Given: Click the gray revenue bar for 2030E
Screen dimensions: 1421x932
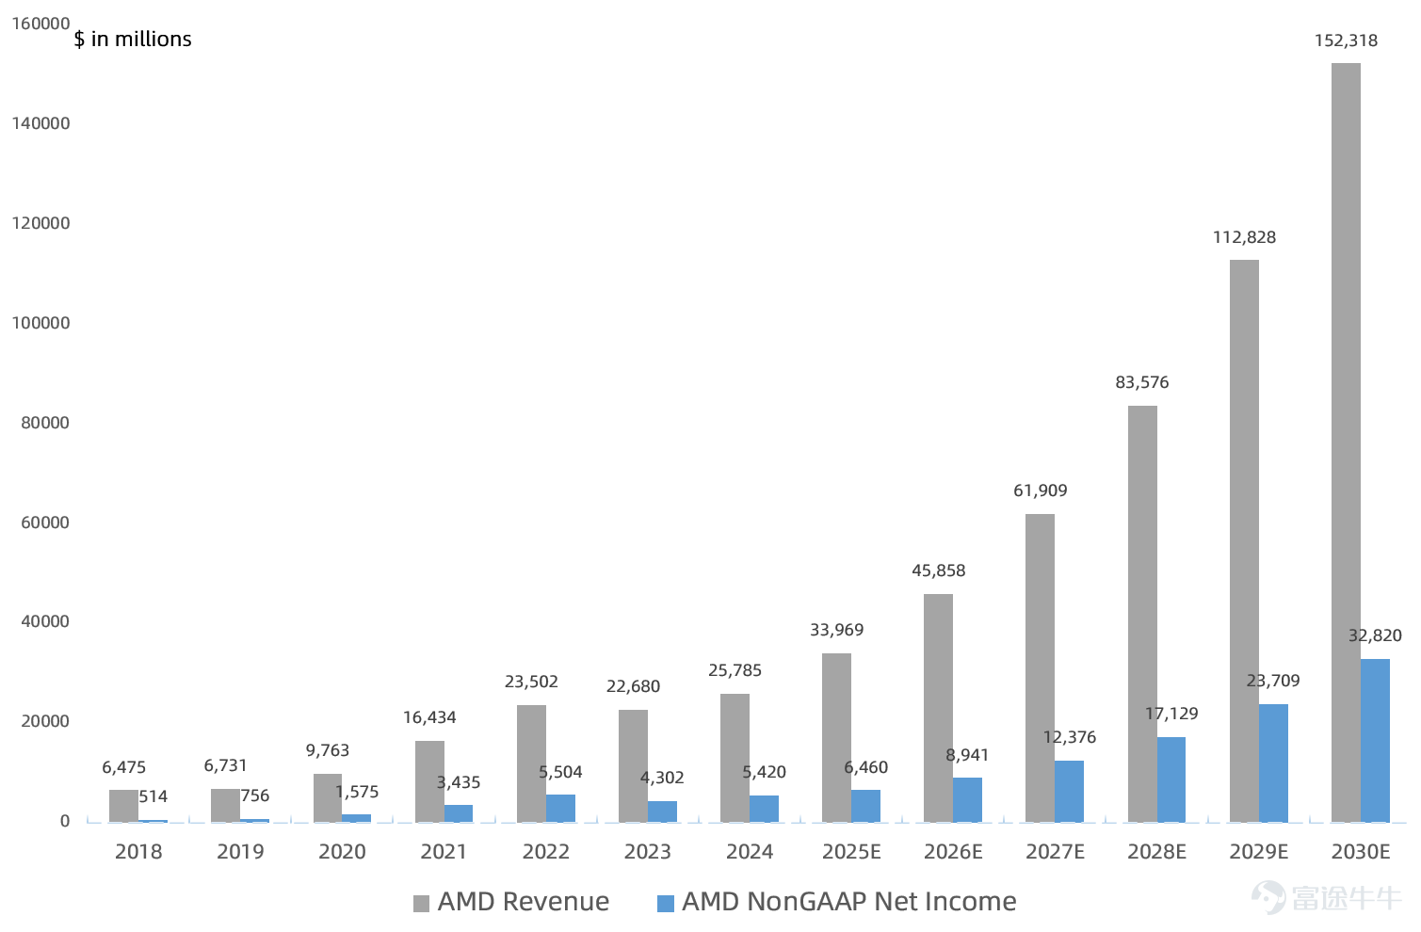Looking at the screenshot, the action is (1346, 442).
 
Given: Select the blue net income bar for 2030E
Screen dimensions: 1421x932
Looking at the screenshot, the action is (1375, 741).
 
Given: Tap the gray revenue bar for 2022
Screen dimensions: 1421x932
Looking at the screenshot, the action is (531, 764).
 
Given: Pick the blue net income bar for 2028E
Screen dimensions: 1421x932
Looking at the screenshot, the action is (1171, 779).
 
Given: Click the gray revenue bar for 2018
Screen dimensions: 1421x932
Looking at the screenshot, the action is (123, 807).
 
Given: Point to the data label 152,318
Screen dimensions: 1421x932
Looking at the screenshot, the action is (1346, 40).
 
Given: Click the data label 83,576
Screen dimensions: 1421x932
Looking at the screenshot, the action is (1142, 382).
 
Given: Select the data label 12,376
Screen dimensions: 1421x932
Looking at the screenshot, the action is (1070, 737).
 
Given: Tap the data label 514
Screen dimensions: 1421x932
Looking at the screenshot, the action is (153, 796).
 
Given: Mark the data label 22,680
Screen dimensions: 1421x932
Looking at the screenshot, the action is (633, 686).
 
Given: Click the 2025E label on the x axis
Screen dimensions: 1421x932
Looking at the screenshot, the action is (851, 851).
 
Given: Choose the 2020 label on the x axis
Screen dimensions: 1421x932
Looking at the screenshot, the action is (342, 851).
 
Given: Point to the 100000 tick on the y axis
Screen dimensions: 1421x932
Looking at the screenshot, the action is (40, 323).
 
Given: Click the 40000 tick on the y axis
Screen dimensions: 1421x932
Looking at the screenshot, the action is (45, 621).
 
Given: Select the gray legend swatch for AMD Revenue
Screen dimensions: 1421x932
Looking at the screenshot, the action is (421, 904).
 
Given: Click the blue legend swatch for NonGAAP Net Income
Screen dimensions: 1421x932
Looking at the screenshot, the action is (666, 904).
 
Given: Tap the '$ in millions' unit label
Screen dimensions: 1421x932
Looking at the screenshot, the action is (133, 40).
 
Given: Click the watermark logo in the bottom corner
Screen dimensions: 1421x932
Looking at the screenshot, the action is (1268, 897).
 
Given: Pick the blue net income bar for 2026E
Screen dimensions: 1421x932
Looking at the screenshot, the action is (967, 800).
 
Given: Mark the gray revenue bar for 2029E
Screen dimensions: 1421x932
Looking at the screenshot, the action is (1244, 541).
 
